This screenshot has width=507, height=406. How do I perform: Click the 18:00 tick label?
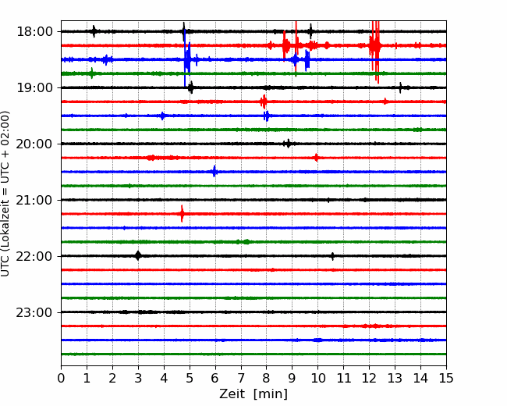[34, 32]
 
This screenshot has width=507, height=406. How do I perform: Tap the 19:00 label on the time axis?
[34, 87]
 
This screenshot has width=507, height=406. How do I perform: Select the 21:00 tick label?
[34, 200]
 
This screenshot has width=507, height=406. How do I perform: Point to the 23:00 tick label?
[34, 312]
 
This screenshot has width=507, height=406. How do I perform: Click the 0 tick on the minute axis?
[61, 378]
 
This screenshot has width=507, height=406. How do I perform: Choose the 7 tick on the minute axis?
[241, 378]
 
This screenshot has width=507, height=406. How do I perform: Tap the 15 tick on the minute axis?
[446, 378]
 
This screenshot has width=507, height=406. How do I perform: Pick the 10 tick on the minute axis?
[317, 378]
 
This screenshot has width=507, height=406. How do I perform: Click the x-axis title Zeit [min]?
[253, 394]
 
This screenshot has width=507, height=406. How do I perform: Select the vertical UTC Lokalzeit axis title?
[5, 194]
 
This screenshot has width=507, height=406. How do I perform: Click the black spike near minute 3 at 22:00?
[138, 255]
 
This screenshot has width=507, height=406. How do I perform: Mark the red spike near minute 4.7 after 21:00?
[182, 214]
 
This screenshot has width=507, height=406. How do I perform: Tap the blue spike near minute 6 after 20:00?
[214, 172]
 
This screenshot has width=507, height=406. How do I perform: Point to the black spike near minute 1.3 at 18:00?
[94, 31]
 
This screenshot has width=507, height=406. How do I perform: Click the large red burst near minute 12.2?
[375, 48]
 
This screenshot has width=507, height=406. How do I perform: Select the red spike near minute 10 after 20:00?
[316, 158]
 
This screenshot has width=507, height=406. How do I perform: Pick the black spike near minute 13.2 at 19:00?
[400, 87]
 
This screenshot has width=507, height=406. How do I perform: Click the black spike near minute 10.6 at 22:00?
[332, 256]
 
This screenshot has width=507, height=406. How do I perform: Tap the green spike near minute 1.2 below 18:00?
[92, 73]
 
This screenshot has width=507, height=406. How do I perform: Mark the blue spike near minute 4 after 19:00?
[163, 116]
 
